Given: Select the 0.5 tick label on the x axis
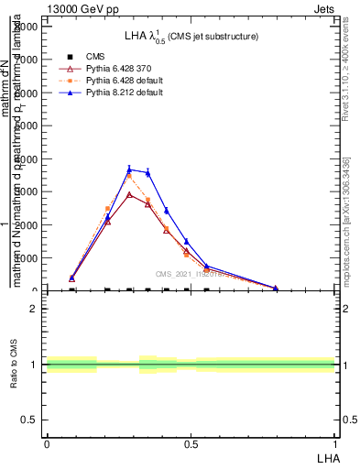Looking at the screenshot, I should (x=191, y=444).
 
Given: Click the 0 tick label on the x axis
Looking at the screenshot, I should (x=47, y=444).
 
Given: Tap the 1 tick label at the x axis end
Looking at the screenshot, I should (x=335, y=444).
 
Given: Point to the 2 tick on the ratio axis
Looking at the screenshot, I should (x=34, y=309).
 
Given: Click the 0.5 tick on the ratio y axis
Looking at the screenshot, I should (x=30, y=420).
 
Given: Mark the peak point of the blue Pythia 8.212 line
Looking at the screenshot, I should (x=129, y=169).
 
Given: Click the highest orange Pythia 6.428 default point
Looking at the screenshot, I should (x=129, y=175).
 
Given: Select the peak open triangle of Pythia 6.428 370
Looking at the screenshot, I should (x=129, y=194).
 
